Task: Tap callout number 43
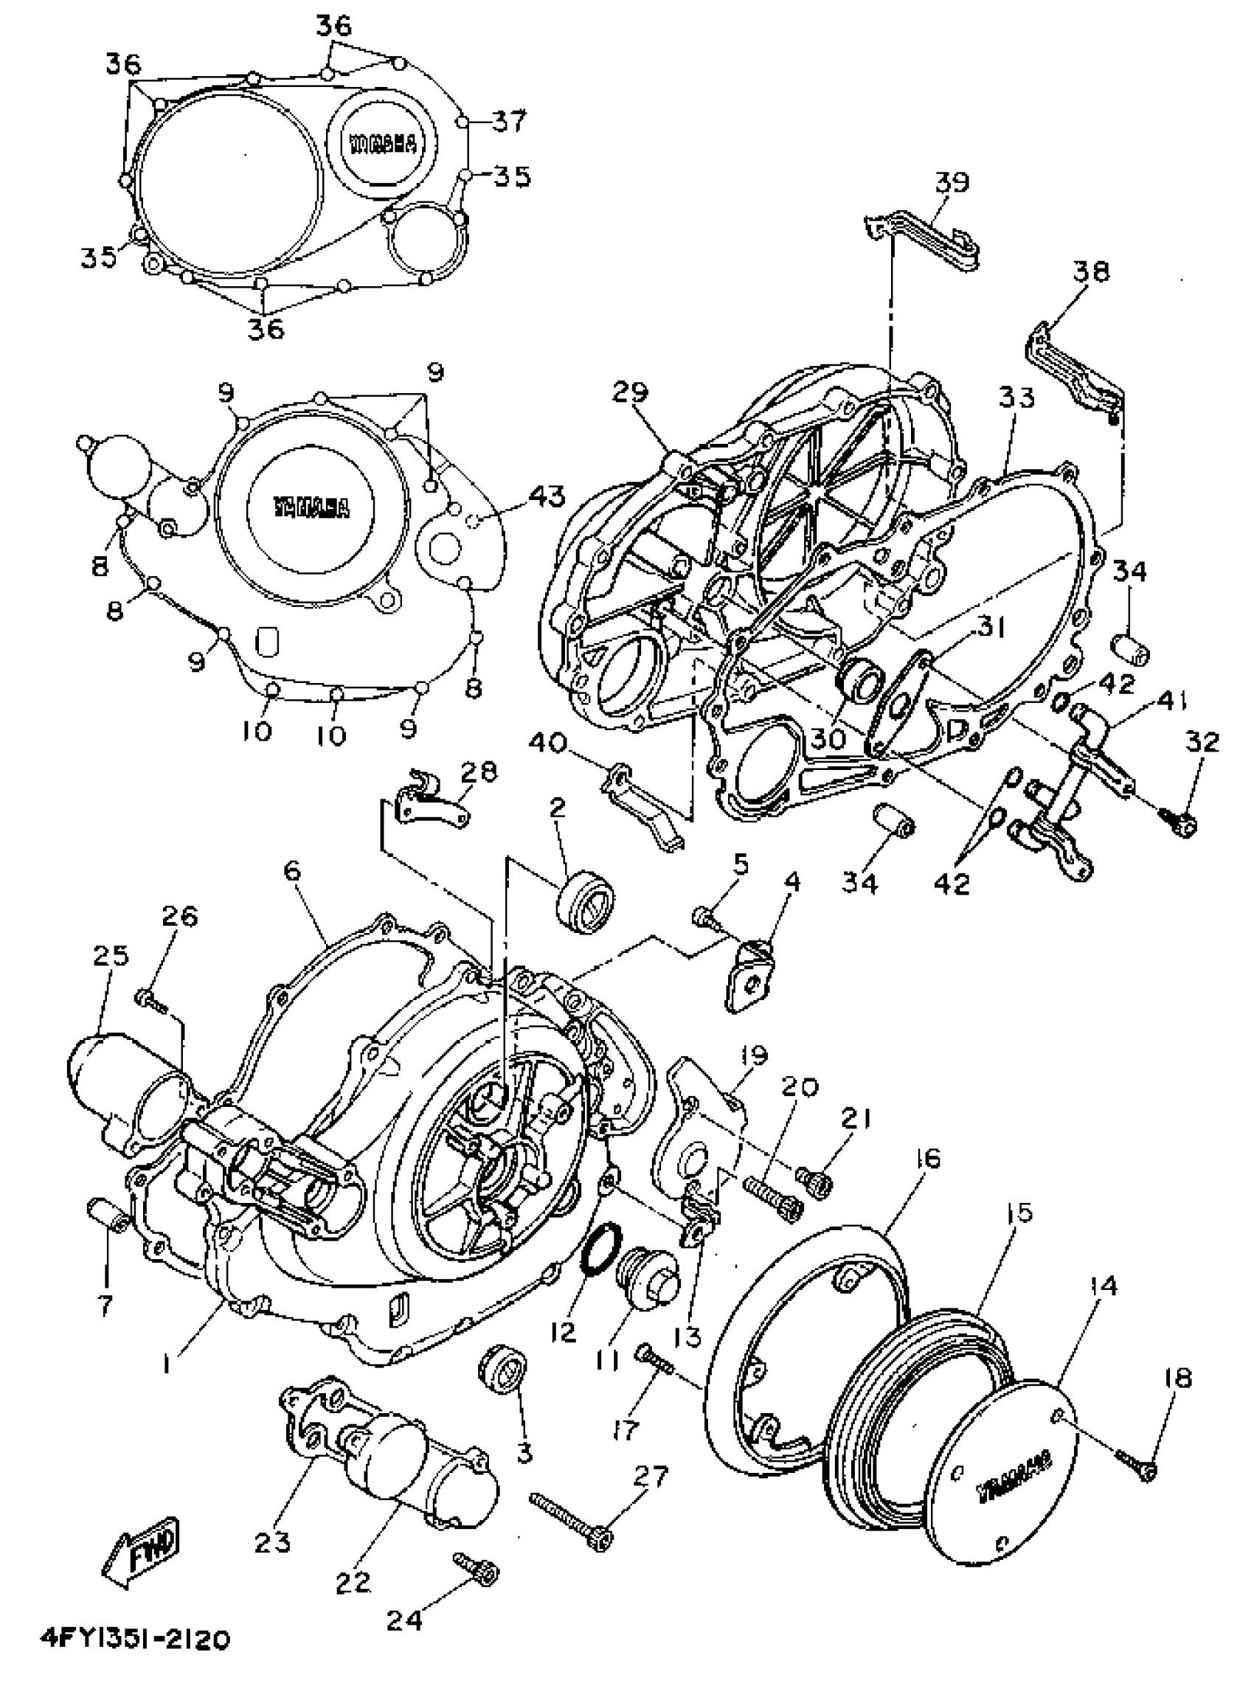tap(547, 497)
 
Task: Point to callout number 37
tap(508, 120)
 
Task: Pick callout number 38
tap(1091, 271)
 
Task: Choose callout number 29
tap(631, 392)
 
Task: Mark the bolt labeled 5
tap(704, 920)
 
